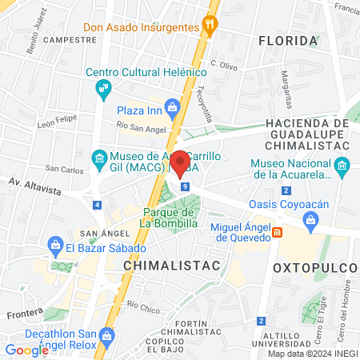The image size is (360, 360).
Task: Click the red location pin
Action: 181,162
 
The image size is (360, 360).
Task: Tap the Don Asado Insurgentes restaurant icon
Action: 210,25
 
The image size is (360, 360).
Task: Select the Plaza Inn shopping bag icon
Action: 171,107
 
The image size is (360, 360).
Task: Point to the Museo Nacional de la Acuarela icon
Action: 342,168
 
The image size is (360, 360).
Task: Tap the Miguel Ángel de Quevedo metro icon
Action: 278,232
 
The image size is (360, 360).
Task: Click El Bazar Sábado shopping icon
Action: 55,244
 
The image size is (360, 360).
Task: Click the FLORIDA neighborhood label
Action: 288,40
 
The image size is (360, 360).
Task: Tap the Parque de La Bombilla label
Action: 170,218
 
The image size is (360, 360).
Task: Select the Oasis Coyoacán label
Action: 289,205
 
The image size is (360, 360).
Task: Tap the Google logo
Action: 26,350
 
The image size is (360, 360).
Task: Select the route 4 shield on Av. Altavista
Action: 97,206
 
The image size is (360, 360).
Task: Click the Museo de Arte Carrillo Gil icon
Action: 99,158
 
